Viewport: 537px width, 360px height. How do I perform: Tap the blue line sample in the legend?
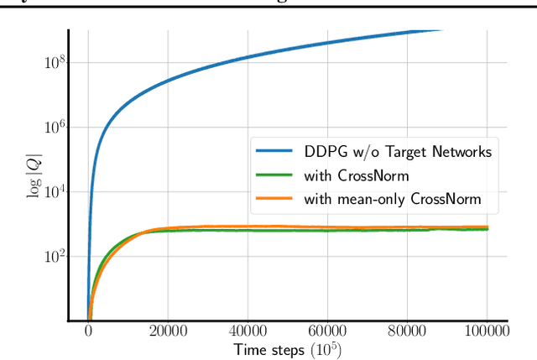[276, 152]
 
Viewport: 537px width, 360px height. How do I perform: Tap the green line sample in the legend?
[276, 175]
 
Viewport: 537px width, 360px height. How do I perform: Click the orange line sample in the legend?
[276, 200]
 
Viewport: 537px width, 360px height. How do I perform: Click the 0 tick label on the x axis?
[88, 331]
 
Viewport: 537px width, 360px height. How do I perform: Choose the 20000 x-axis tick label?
[168, 331]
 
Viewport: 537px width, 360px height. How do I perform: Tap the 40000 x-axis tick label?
[248, 331]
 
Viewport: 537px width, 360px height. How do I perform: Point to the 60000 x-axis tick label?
[327, 331]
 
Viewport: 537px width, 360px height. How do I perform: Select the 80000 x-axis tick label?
[407, 331]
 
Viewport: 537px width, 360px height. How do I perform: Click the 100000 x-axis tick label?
[487, 331]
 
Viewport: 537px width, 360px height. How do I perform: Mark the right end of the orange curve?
[487, 227]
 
